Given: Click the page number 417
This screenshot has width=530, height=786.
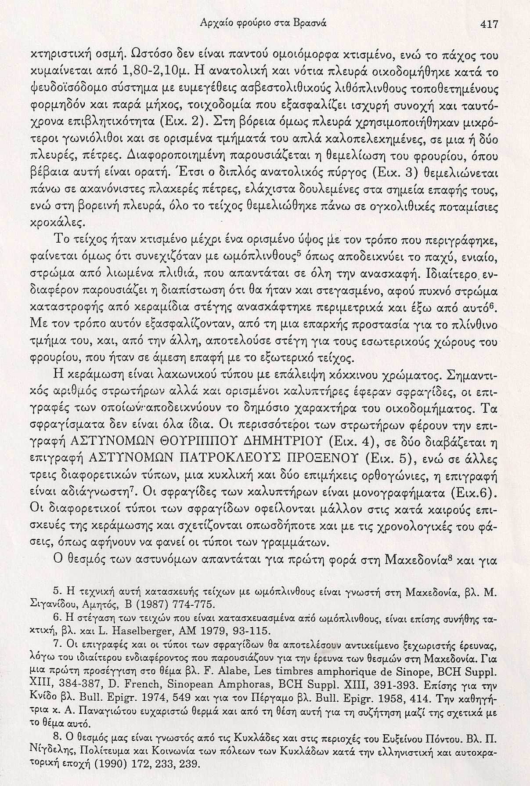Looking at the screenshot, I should click(489, 25).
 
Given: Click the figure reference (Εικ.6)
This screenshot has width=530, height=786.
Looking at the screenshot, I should click(473, 493).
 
